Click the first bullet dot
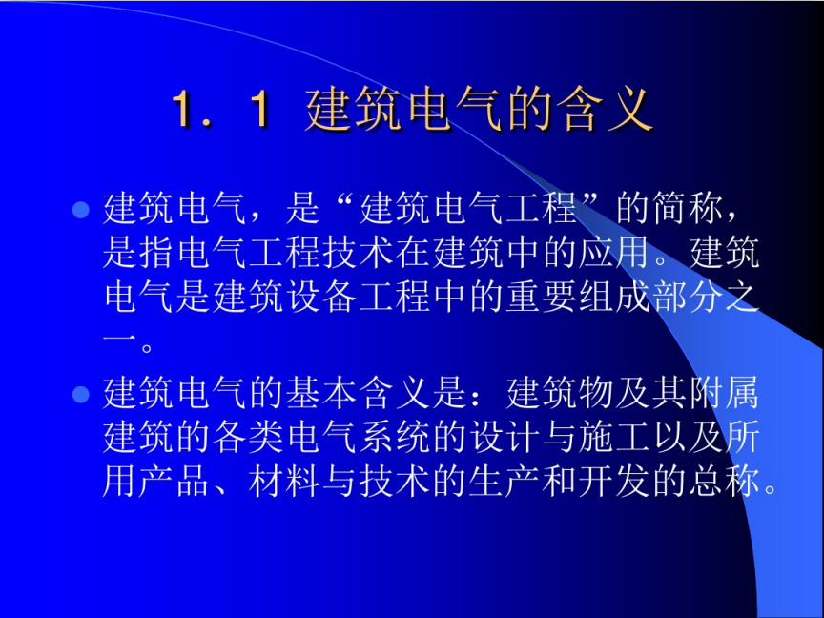[80, 210]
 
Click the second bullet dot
[80, 394]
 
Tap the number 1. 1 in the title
[220, 110]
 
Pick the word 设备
[319, 298]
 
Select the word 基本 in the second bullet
[319, 393]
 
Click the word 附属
[723, 393]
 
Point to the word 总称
[723, 482]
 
